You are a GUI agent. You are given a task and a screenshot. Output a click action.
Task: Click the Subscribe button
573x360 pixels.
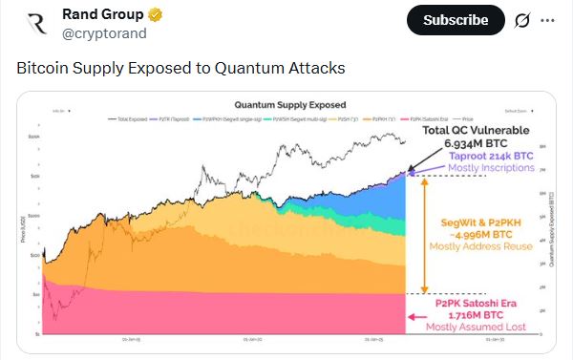[456, 19]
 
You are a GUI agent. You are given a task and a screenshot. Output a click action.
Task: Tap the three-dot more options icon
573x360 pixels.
[547, 20]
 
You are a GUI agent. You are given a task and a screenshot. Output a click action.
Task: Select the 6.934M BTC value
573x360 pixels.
[476, 144]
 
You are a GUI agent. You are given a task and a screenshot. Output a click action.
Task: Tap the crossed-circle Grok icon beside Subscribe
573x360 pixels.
[521, 20]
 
